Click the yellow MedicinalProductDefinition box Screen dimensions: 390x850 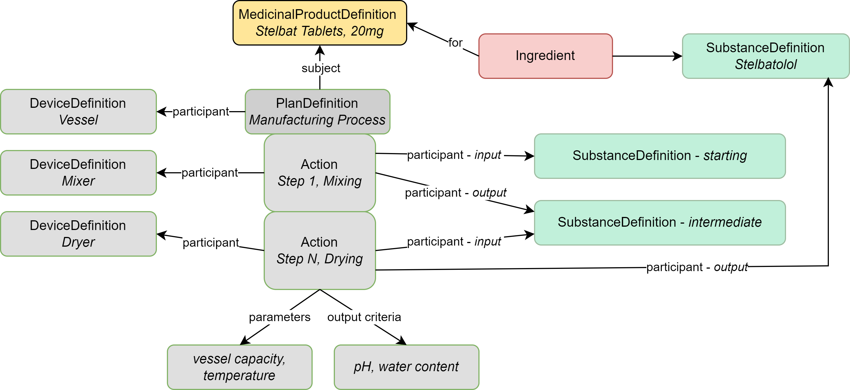(x=319, y=23)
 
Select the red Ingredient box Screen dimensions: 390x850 (x=545, y=56)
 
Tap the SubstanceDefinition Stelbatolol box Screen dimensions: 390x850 (x=765, y=56)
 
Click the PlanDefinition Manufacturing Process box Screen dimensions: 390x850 (x=317, y=111)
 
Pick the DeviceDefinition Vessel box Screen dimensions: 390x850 (x=78, y=111)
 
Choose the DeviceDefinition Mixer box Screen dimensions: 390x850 (x=78, y=172)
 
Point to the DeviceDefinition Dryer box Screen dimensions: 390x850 (x=78, y=234)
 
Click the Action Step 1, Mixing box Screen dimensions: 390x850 (x=319, y=172)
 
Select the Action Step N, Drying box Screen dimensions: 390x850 (x=319, y=250)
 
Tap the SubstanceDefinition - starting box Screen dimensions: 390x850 (x=659, y=156)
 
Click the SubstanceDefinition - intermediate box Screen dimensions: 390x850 (x=659, y=222)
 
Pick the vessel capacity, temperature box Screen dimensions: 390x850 (x=239, y=367)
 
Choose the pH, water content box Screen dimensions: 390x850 (x=406, y=367)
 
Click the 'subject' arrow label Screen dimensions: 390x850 (x=321, y=68)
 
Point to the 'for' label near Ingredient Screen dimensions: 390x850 (x=455, y=43)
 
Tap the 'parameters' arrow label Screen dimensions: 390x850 (x=280, y=317)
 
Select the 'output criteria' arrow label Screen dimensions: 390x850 (x=364, y=317)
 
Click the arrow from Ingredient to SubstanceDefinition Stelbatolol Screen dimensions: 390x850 (x=647, y=56)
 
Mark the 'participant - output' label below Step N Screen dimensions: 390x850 (x=696, y=267)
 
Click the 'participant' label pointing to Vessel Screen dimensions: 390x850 (x=201, y=112)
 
